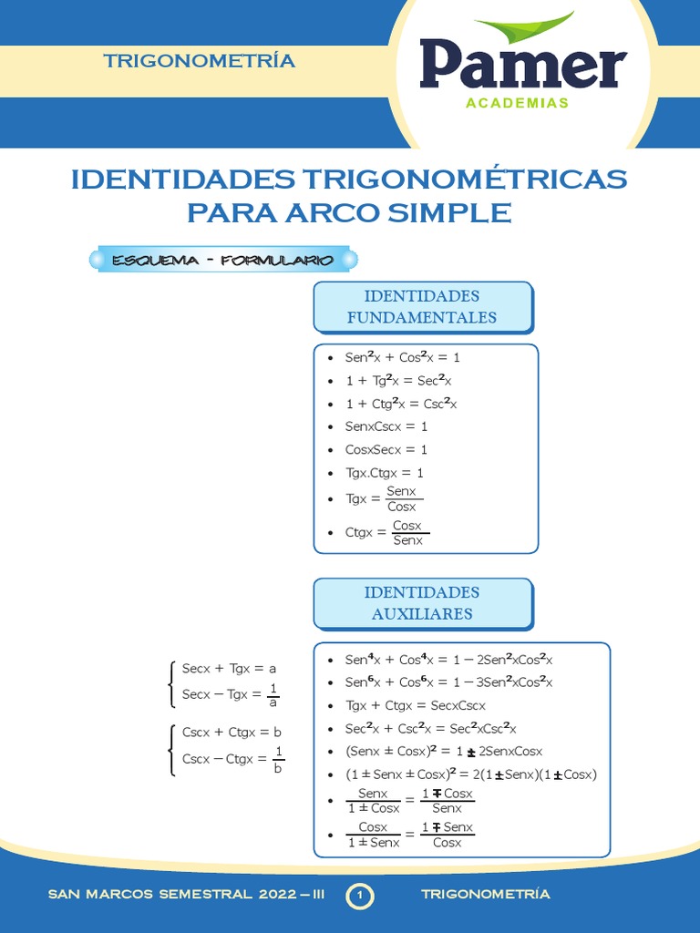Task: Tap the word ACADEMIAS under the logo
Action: coord(517,103)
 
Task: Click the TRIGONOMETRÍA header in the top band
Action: coord(199,61)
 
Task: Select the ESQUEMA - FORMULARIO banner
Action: coord(221,261)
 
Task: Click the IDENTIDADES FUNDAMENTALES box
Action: coord(422,307)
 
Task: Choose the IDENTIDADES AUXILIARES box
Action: coord(422,603)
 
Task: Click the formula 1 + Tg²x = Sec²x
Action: coord(398,381)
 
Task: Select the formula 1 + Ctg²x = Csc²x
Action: coord(401,404)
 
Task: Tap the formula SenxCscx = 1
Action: coord(386,426)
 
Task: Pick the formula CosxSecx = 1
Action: coord(386,449)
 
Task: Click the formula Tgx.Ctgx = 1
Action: coord(385,473)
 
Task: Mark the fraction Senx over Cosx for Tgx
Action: coord(401,498)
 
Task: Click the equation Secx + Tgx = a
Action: coord(229,668)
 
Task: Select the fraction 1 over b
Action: coord(279,759)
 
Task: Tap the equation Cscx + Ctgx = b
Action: coord(232,732)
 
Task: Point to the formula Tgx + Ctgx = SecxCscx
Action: coord(415,705)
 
